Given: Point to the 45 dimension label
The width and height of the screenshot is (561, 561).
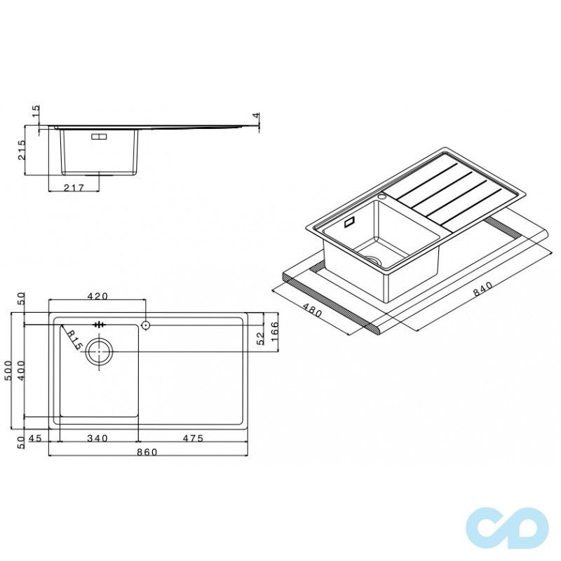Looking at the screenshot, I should click(37, 438).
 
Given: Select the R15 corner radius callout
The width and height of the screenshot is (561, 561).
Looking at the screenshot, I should click(73, 340).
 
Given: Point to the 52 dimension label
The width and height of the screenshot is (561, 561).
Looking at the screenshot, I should click(260, 339).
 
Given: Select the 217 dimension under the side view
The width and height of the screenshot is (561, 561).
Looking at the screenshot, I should click(74, 187).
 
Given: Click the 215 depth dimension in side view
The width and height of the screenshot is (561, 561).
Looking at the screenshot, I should click(22, 151).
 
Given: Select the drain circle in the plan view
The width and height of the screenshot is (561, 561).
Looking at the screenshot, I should click(99, 353).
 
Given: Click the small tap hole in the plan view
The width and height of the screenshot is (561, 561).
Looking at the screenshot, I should click(145, 325).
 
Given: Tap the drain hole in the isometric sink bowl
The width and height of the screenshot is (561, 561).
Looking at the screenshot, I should click(375, 261).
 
